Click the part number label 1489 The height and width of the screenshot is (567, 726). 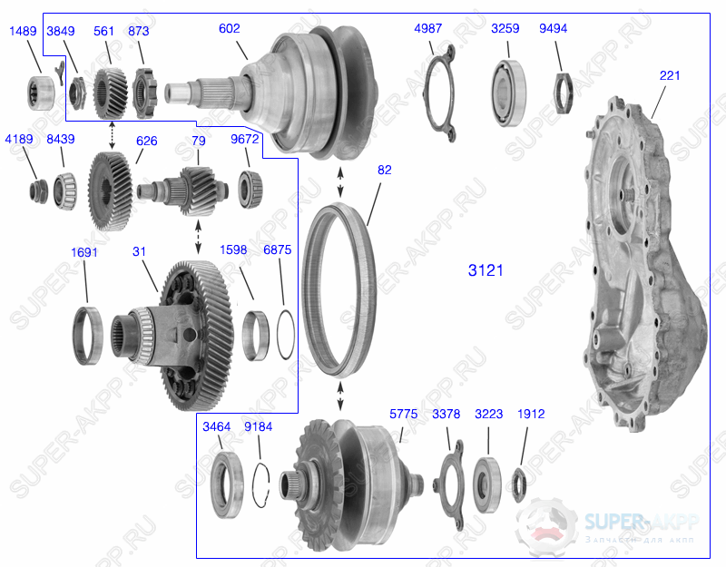(x=23, y=31)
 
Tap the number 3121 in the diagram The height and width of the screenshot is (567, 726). (x=486, y=270)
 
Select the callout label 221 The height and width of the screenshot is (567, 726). (x=670, y=76)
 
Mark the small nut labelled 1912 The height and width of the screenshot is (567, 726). (x=521, y=483)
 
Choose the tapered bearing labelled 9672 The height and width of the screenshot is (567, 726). (x=250, y=185)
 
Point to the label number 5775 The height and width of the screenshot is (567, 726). (x=403, y=415)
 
